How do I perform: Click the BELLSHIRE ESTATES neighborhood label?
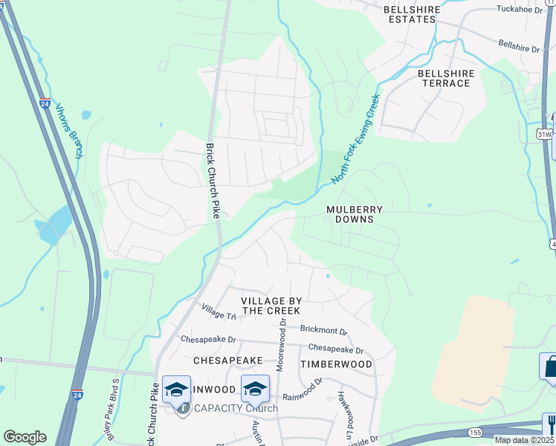[x=412, y=15]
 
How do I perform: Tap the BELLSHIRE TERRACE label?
[x=444, y=78]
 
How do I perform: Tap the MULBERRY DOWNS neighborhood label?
[x=355, y=215]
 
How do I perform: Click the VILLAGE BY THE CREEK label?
[x=271, y=306]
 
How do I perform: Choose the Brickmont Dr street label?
[x=323, y=329]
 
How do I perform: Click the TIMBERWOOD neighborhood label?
[x=336, y=364]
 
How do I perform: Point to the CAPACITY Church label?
[x=236, y=408]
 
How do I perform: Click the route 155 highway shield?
[x=476, y=431]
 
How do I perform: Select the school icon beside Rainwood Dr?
[x=254, y=389]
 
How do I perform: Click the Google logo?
[x=25, y=437]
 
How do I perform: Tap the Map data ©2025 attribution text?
[x=525, y=440]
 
